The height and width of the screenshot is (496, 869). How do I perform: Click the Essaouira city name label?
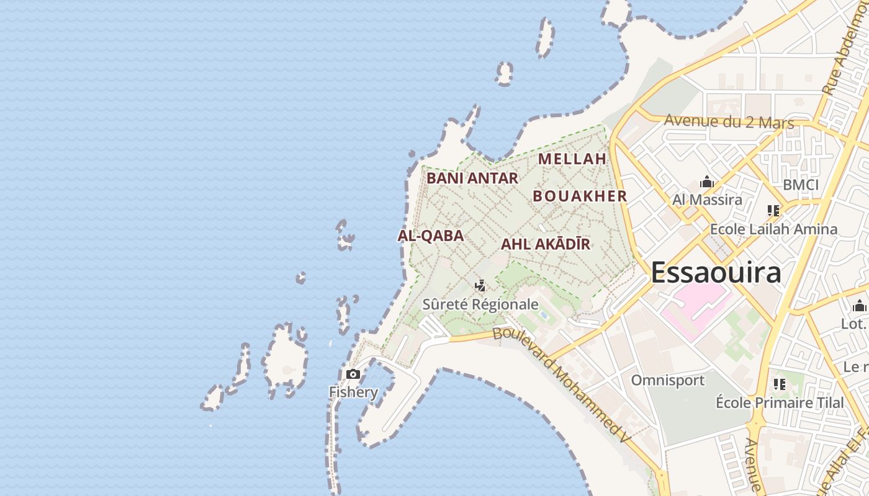(x=716, y=273)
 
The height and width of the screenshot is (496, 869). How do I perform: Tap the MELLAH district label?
(x=572, y=159)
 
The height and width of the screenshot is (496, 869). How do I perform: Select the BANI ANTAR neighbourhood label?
(x=472, y=179)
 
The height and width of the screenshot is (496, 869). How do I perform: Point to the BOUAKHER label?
(x=580, y=197)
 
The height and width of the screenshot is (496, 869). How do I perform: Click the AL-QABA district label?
(x=430, y=236)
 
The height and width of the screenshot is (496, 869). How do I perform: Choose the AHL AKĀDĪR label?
(x=545, y=244)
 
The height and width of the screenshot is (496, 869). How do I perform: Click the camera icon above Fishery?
(x=353, y=374)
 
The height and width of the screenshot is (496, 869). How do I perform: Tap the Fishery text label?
(x=353, y=392)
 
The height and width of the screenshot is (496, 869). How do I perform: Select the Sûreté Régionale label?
(x=480, y=304)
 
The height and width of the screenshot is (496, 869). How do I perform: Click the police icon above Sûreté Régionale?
(x=480, y=286)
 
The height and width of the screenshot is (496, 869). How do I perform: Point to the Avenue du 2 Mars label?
(x=729, y=122)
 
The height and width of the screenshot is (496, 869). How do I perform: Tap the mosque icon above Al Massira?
(x=707, y=182)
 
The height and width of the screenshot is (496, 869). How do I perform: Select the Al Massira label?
(x=707, y=200)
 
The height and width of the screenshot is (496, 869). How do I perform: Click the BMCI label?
(x=801, y=185)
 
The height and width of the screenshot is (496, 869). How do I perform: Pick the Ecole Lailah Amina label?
(x=773, y=229)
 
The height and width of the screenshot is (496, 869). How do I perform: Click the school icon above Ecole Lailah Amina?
(x=773, y=211)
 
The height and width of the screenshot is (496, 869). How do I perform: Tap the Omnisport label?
(x=668, y=380)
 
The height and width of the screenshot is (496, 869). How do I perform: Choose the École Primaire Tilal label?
(x=780, y=402)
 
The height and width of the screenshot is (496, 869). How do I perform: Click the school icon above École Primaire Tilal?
(x=780, y=384)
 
